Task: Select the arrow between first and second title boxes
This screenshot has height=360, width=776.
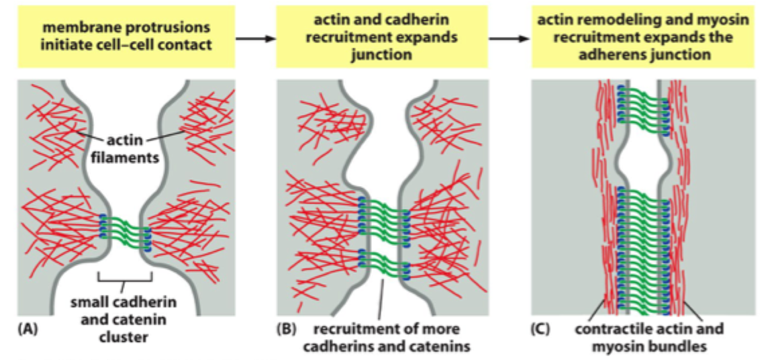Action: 256,39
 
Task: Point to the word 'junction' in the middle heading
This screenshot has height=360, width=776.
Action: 381,54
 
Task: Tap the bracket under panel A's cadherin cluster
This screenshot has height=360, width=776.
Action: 126,276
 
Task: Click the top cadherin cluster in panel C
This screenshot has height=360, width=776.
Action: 642,105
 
